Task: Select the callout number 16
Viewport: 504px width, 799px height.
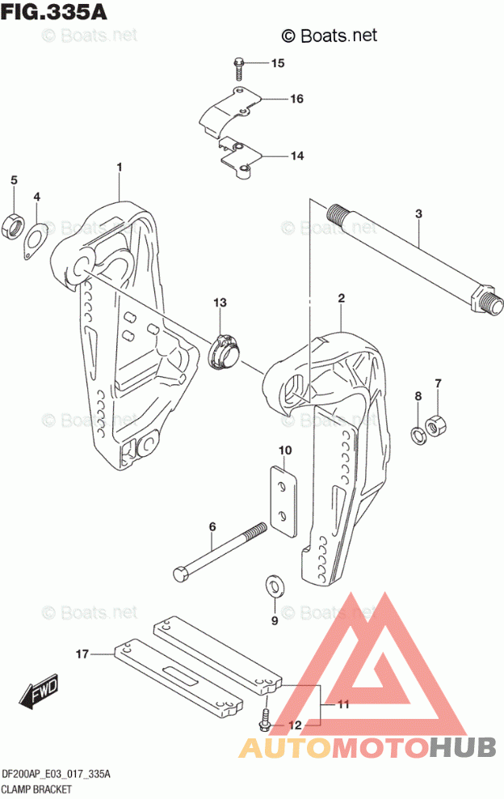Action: pos(296,99)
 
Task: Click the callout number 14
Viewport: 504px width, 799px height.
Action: pos(296,156)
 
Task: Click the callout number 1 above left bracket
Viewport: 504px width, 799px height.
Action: pos(119,167)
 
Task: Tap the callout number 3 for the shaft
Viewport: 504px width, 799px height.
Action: pos(418,214)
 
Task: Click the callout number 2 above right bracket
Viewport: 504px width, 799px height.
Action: pos(342,299)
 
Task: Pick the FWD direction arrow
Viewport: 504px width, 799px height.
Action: pos(37,691)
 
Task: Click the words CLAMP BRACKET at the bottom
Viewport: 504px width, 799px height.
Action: pos(38,788)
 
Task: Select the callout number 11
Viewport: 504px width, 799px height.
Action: pos(343,704)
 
